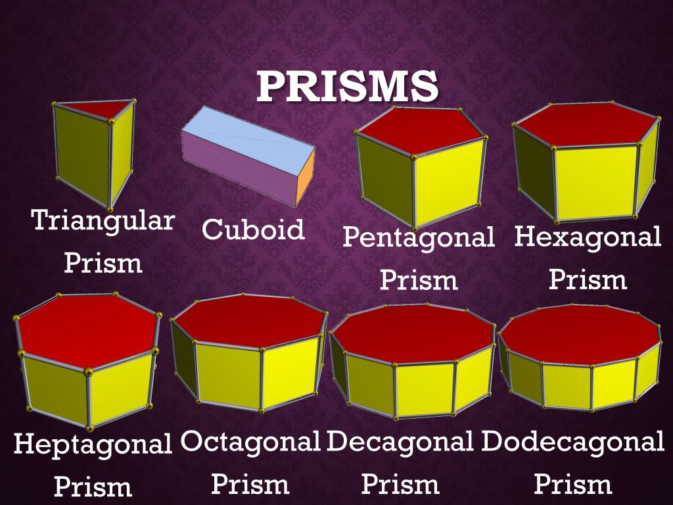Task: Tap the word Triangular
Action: (x=103, y=221)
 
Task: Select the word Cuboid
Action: (x=253, y=229)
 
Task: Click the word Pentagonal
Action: (x=418, y=237)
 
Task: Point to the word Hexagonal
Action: (x=588, y=237)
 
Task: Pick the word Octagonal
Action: (x=250, y=441)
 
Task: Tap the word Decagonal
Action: (x=400, y=441)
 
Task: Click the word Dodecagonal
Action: (x=572, y=441)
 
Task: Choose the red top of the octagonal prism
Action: (x=250, y=321)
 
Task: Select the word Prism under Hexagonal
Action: (x=588, y=280)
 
